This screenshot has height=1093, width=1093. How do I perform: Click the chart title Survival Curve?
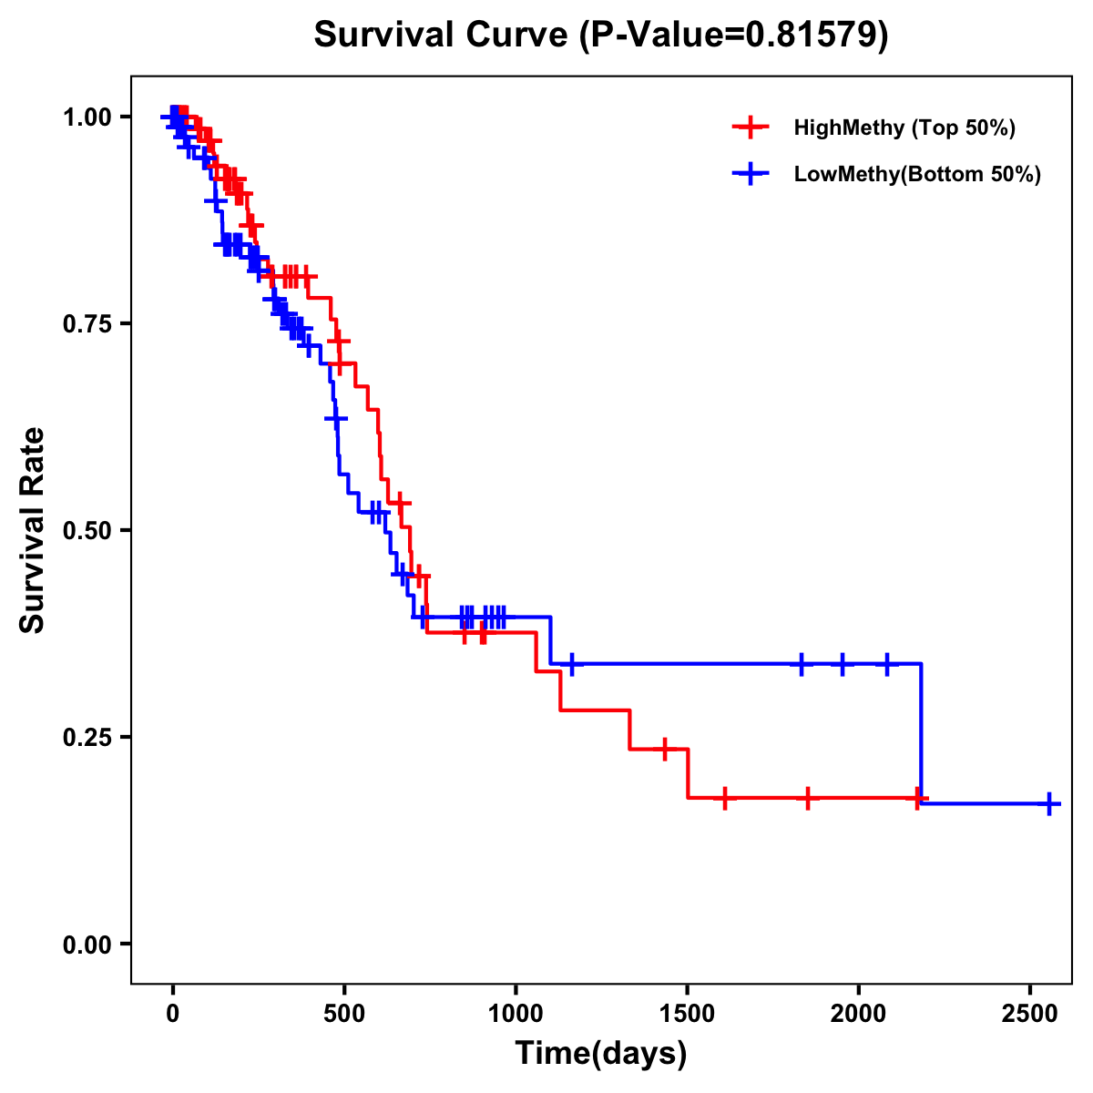[x=601, y=35]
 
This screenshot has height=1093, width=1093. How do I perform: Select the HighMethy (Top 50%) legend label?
[x=904, y=128]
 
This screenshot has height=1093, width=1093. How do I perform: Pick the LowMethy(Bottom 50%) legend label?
[x=917, y=174]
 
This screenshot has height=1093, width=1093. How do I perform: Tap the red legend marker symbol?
[x=750, y=128]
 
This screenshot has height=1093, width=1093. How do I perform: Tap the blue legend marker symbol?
[x=750, y=174]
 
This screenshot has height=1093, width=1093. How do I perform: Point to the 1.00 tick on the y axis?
[x=87, y=117]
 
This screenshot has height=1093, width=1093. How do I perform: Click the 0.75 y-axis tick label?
[x=87, y=324]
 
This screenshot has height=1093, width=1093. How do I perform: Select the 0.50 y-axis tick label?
[x=87, y=531]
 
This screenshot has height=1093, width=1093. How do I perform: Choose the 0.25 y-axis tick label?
[x=87, y=738]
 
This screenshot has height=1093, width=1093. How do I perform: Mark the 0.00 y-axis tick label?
[x=87, y=945]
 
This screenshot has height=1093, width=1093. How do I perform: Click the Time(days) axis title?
[x=601, y=1054]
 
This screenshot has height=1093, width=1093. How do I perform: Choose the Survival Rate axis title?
[x=33, y=530]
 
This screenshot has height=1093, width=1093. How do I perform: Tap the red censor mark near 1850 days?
[x=807, y=798]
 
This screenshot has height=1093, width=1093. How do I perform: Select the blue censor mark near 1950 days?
[x=842, y=665]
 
